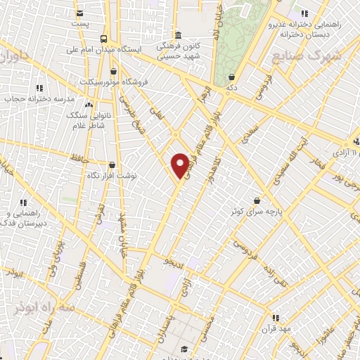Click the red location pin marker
pos(180,165)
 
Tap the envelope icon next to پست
pos(79,13)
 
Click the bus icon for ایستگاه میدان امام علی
pos(104,39)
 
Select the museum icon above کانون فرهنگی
pos(177,34)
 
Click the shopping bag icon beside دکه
pos(231,77)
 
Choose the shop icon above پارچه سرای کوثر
pos(265,199)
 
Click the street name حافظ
pos(79,159)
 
